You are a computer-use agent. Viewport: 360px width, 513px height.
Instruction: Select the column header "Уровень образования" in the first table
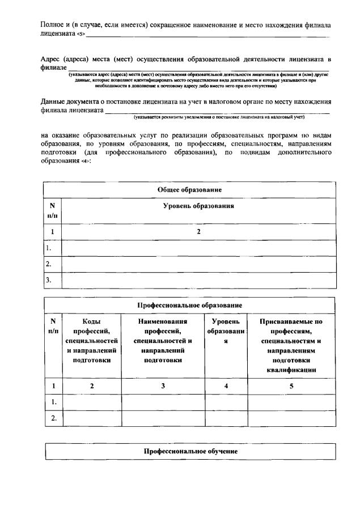(x=198, y=206)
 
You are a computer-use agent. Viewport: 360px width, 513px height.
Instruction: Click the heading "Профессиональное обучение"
(x=190, y=451)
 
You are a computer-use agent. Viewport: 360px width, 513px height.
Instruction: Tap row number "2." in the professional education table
(x=54, y=418)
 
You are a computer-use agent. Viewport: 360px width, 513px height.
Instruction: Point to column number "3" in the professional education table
(x=163, y=386)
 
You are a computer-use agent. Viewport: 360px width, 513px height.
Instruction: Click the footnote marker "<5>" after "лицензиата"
(x=81, y=35)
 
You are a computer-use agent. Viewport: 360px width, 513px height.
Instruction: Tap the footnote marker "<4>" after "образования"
(x=85, y=162)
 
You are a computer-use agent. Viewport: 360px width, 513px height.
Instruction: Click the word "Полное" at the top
(x=52, y=26)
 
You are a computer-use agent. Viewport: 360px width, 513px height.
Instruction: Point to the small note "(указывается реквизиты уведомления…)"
(x=219, y=117)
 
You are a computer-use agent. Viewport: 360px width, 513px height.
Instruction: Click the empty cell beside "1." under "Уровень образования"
(x=198, y=248)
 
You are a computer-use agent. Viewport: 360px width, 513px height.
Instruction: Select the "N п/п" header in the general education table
(x=52, y=210)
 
